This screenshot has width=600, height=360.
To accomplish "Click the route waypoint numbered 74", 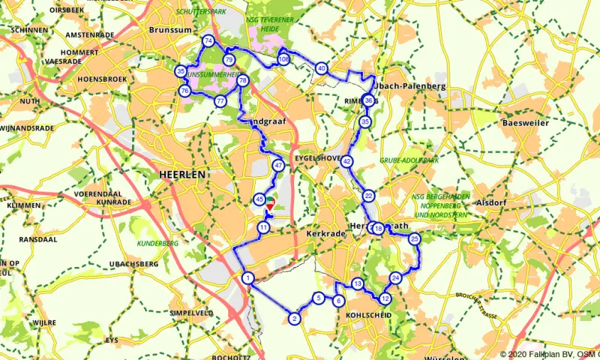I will click(x=208, y=40).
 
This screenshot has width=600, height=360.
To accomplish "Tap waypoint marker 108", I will click(x=283, y=58).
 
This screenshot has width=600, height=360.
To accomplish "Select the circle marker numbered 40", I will click(x=321, y=68).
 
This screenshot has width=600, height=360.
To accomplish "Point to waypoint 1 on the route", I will click(x=247, y=278).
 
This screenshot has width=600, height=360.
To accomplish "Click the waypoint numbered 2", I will click(x=295, y=319).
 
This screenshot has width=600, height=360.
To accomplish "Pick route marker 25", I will click(x=414, y=239).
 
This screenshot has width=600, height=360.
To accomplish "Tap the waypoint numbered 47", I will click(x=278, y=165).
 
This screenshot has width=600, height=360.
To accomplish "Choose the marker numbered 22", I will click(x=368, y=196).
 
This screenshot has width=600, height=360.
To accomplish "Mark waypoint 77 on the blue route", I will click(x=220, y=100).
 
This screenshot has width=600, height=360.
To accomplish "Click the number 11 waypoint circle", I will click(x=263, y=227).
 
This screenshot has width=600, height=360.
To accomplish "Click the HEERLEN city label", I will click(x=182, y=173).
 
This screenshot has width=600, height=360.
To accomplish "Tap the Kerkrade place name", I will click(x=324, y=234).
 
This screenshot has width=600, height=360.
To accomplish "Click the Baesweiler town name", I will click(x=526, y=122).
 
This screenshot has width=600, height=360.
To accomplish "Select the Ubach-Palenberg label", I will click(x=415, y=86).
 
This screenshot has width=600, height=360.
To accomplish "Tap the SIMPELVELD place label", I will click(x=191, y=313).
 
